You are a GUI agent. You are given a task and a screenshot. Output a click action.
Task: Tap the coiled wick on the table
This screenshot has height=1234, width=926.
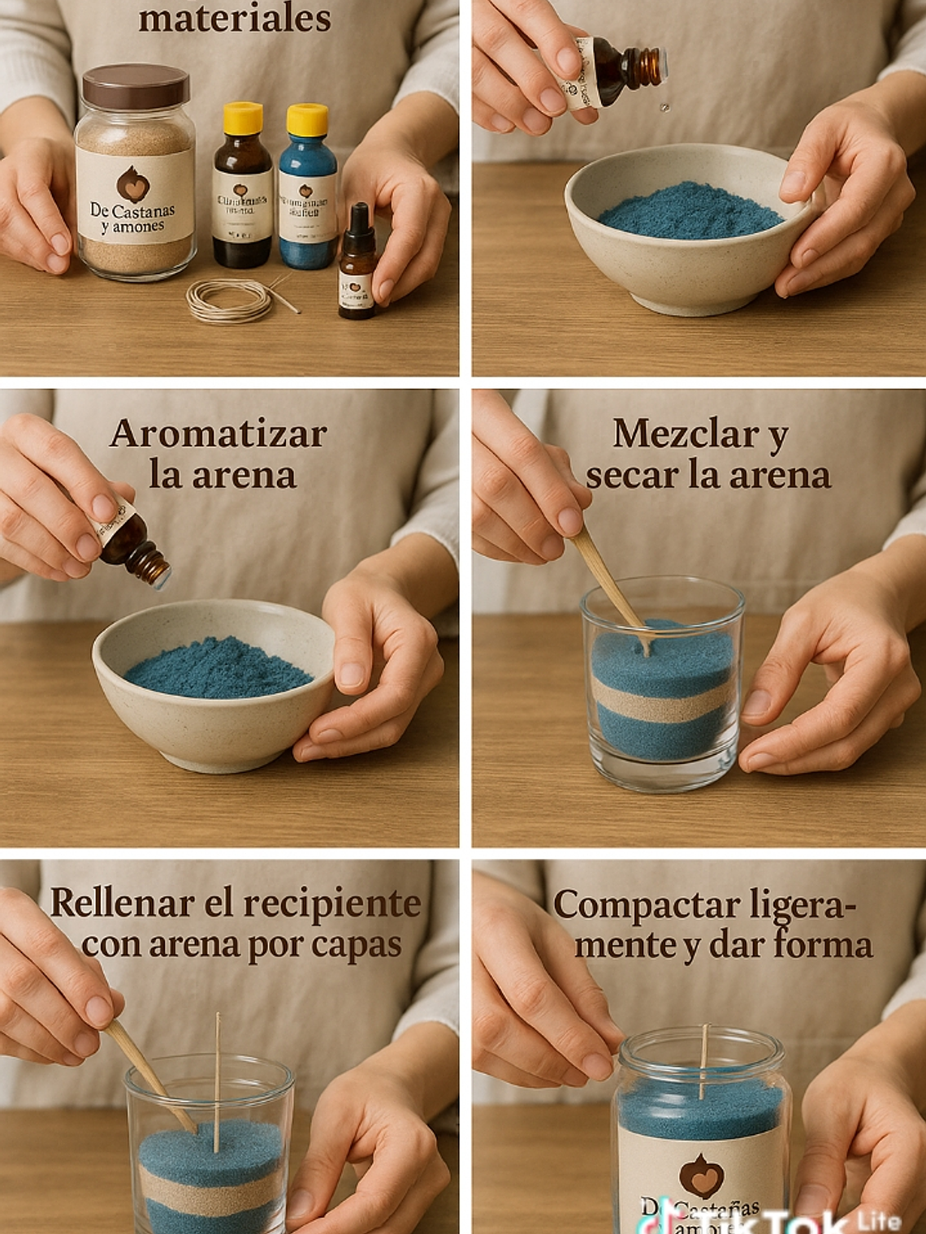[229, 301]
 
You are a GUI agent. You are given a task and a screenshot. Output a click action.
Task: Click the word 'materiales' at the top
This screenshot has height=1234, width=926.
[234, 18]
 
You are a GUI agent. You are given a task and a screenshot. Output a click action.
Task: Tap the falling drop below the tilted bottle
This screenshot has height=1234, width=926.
[665, 106]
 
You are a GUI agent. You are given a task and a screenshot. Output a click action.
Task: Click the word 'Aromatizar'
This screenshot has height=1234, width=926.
[218, 434]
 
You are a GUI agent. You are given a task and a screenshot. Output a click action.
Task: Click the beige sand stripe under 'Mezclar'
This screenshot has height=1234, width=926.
[662, 697]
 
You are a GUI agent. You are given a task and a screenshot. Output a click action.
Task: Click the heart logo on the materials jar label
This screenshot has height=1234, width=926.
[132, 184]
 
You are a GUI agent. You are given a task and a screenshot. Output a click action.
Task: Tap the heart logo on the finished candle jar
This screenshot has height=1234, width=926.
[701, 1175]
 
